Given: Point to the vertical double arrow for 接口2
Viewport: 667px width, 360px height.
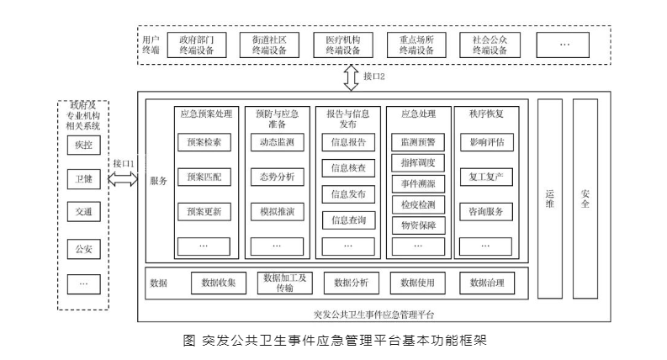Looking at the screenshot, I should click(351, 77).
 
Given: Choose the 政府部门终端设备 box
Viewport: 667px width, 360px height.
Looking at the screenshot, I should click(197, 45).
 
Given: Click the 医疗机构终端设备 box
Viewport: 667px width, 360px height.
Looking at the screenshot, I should click(343, 45).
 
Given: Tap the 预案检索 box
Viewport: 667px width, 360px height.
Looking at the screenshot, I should click(204, 142).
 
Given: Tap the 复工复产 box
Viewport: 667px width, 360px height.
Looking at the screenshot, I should click(486, 177).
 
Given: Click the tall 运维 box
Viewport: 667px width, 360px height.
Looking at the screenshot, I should click(548, 199).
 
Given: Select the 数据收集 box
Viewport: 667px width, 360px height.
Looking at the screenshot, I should click(218, 283).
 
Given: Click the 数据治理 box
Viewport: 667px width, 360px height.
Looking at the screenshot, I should click(487, 283).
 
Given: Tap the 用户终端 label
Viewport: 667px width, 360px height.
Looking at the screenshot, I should click(151, 45).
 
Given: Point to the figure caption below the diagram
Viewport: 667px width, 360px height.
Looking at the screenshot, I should click(334, 341).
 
